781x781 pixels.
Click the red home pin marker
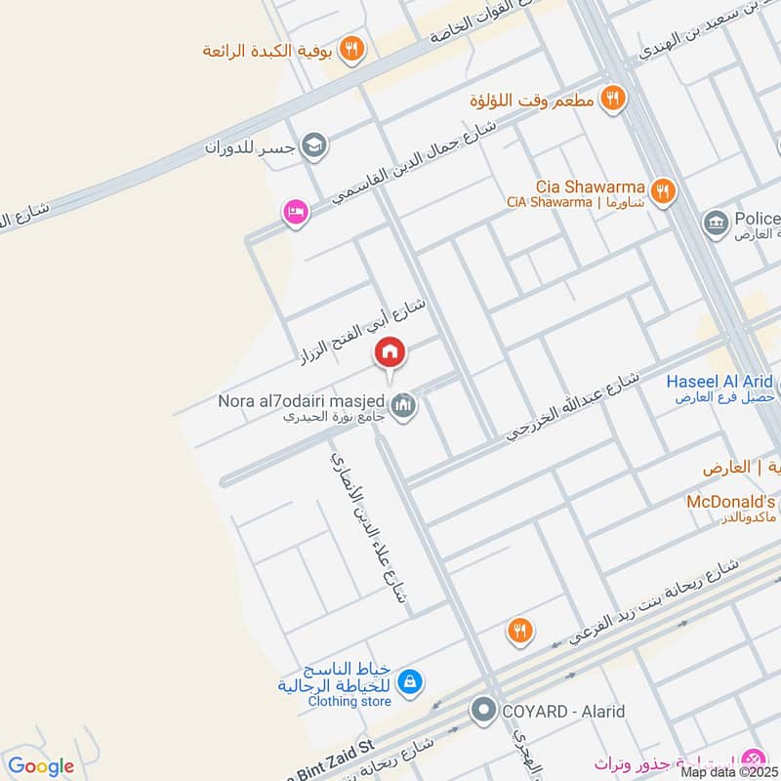(x=390, y=352)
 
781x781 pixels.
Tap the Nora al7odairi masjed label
(x=302, y=400)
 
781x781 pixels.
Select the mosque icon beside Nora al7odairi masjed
(x=403, y=403)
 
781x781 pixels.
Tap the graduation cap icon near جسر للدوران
(x=314, y=147)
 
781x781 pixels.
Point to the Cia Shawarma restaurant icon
(x=663, y=190)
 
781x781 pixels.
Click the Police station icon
(x=717, y=224)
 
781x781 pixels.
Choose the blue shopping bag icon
(x=411, y=681)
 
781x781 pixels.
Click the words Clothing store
(x=349, y=701)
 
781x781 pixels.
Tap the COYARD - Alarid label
(x=563, y=712)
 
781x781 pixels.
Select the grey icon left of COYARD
(x=483, y=711)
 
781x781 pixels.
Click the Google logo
(x=41, y=766)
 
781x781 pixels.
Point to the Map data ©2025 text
(x=728, y=771)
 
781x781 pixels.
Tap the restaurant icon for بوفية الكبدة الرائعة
(x=353, y=48)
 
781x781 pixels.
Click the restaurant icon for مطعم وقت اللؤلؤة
(x=613, y=97)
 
